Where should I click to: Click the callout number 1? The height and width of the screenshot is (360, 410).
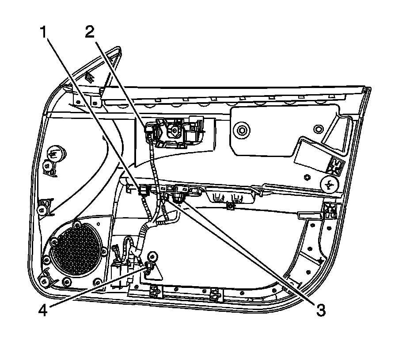tap(44, 33)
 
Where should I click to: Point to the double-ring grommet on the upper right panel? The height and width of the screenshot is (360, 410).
tap(241, 131)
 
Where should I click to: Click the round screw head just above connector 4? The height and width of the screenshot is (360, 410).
tap(154, 256)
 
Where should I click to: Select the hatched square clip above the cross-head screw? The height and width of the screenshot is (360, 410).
tap(336, 166)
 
